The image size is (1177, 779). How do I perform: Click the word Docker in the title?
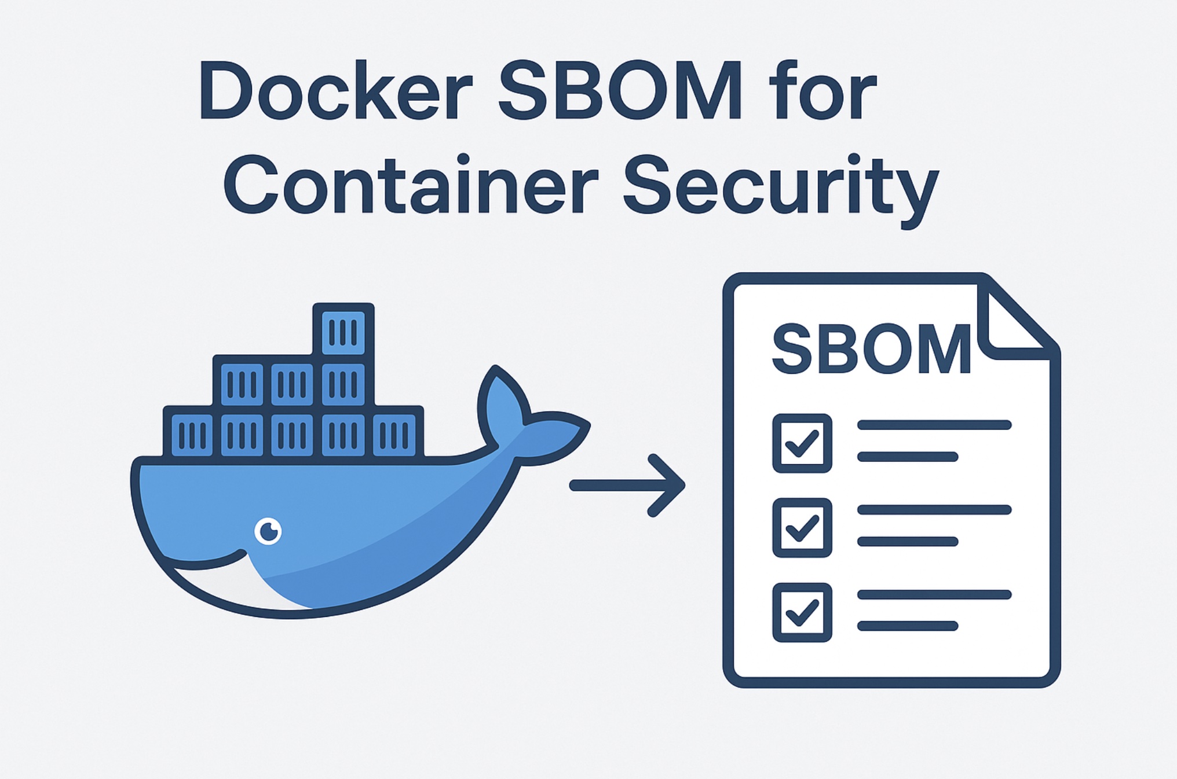(x=336, y=91)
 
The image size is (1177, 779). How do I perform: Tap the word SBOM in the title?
(x=620, y=91)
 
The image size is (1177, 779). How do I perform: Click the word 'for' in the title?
(x=823, y=91)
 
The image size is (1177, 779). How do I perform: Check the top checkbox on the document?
(x=802, y=443)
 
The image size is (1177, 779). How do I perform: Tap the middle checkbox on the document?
(x=802, y=527)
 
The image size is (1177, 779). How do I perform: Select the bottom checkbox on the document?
(x=802, y=612)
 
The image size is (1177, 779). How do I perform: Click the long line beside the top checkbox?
(x=934, y=425)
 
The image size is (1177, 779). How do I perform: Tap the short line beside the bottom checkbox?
(x=907, y=626)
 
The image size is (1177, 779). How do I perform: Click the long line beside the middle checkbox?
(x=934, y=510)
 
